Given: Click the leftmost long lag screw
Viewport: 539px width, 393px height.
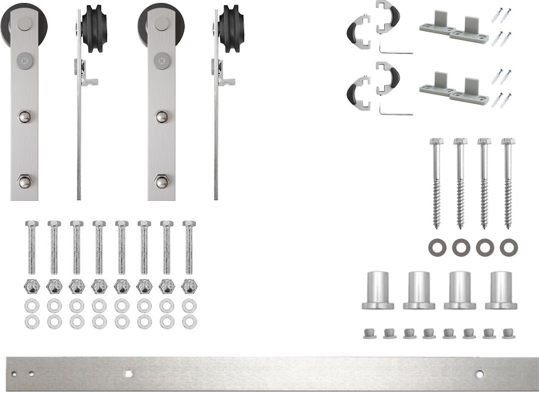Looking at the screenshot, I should (437, 182).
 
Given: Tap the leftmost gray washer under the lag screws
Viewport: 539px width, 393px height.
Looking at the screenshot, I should (437, 247).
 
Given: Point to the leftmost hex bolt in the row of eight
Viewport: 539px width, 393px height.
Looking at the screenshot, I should (32, 247).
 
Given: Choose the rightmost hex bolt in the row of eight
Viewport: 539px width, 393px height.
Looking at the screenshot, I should (189, 247).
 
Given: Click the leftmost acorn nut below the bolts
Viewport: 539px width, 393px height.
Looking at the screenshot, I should (32, 287).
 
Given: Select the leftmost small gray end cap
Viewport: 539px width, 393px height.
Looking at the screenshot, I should (368, 333).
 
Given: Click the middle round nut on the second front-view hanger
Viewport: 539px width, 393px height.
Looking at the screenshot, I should (162, 116).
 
